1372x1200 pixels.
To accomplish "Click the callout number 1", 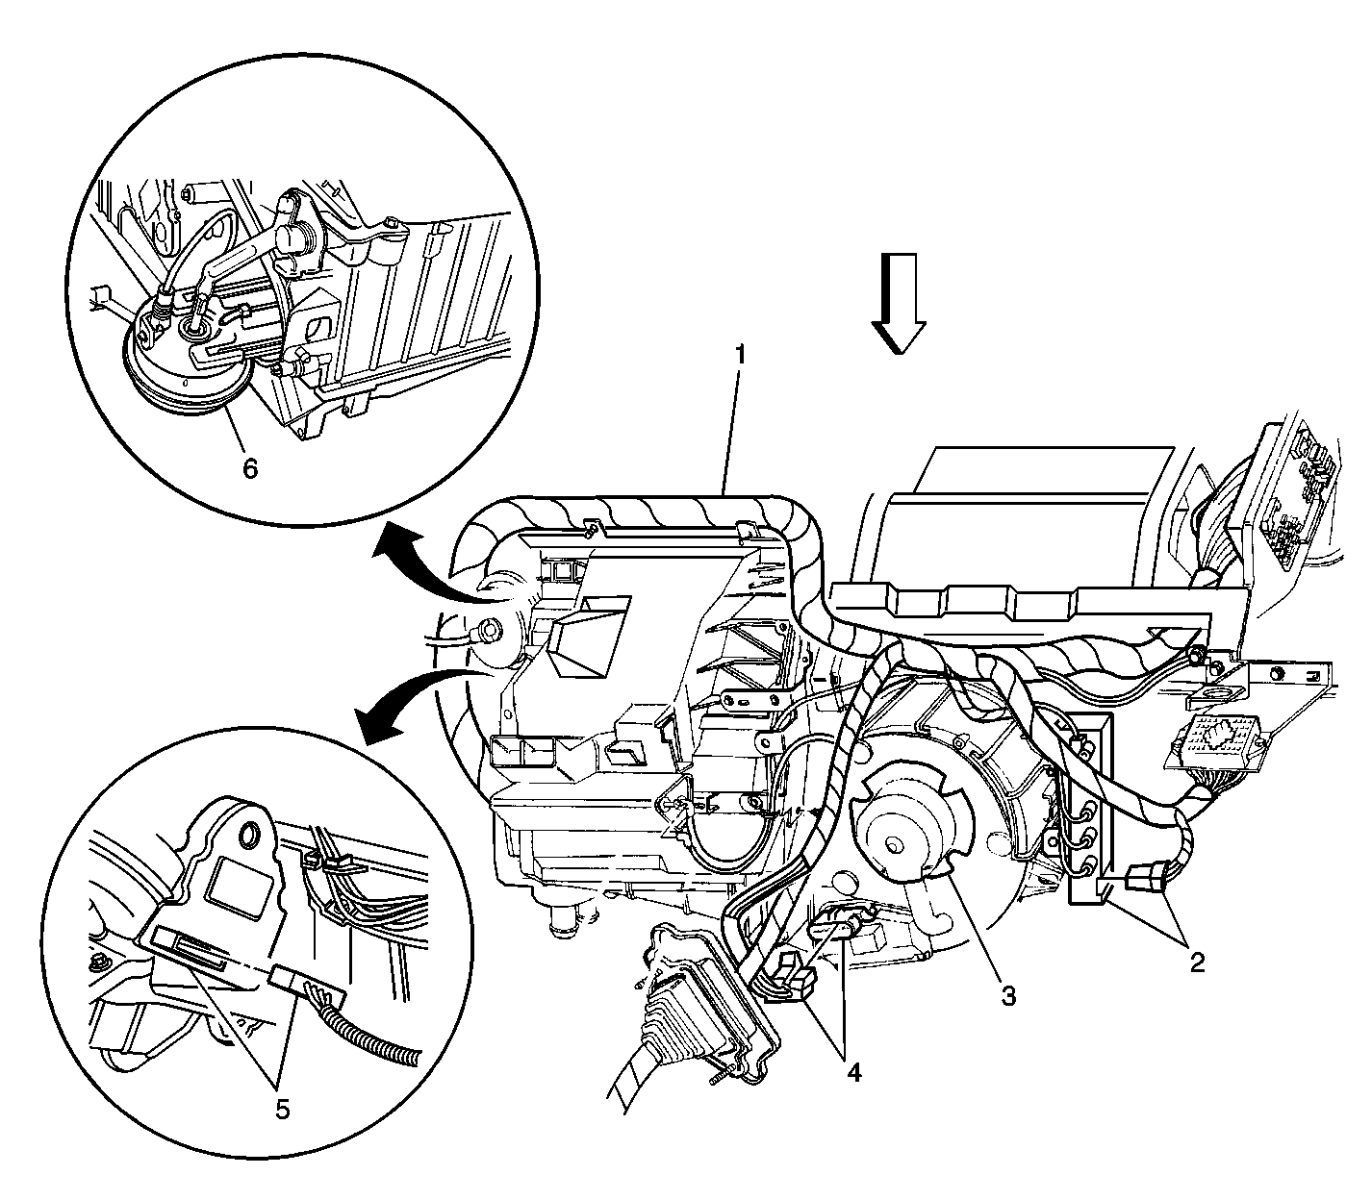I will pyautogui.click(x=739, y=355).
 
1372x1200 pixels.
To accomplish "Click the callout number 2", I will pyautogui.click(x=1197, y=962).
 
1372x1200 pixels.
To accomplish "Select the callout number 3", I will pyautogui.click(x=1007, y=995).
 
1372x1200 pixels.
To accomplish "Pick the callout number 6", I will pyautogui.click(x=249, y=468).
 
